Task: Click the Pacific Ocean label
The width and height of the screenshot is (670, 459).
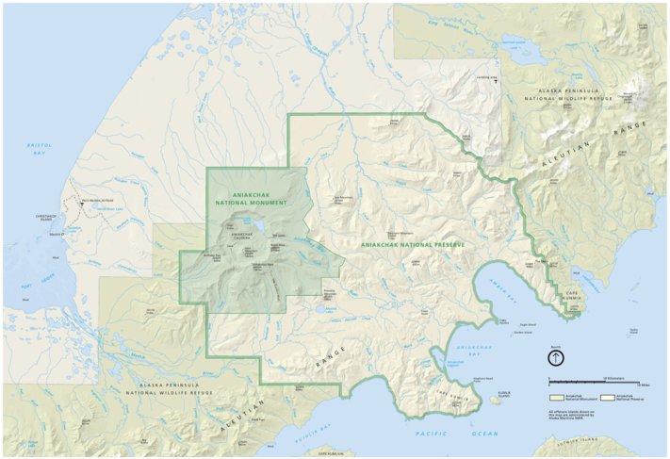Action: click(457, 432)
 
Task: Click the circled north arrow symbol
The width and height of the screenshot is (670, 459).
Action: click(557, 357)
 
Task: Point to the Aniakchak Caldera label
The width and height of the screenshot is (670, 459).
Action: click(242, 235)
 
